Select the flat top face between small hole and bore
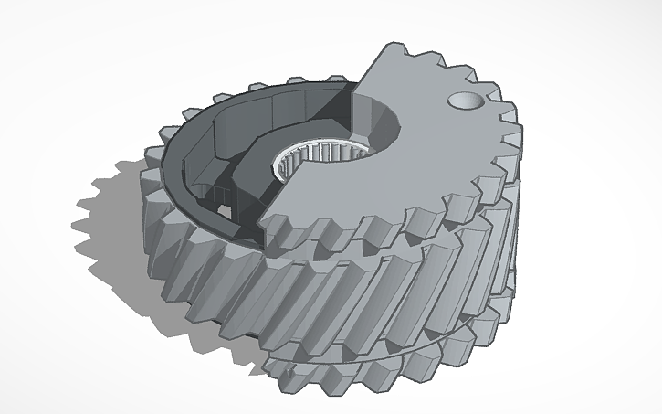tap(425, 123)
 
